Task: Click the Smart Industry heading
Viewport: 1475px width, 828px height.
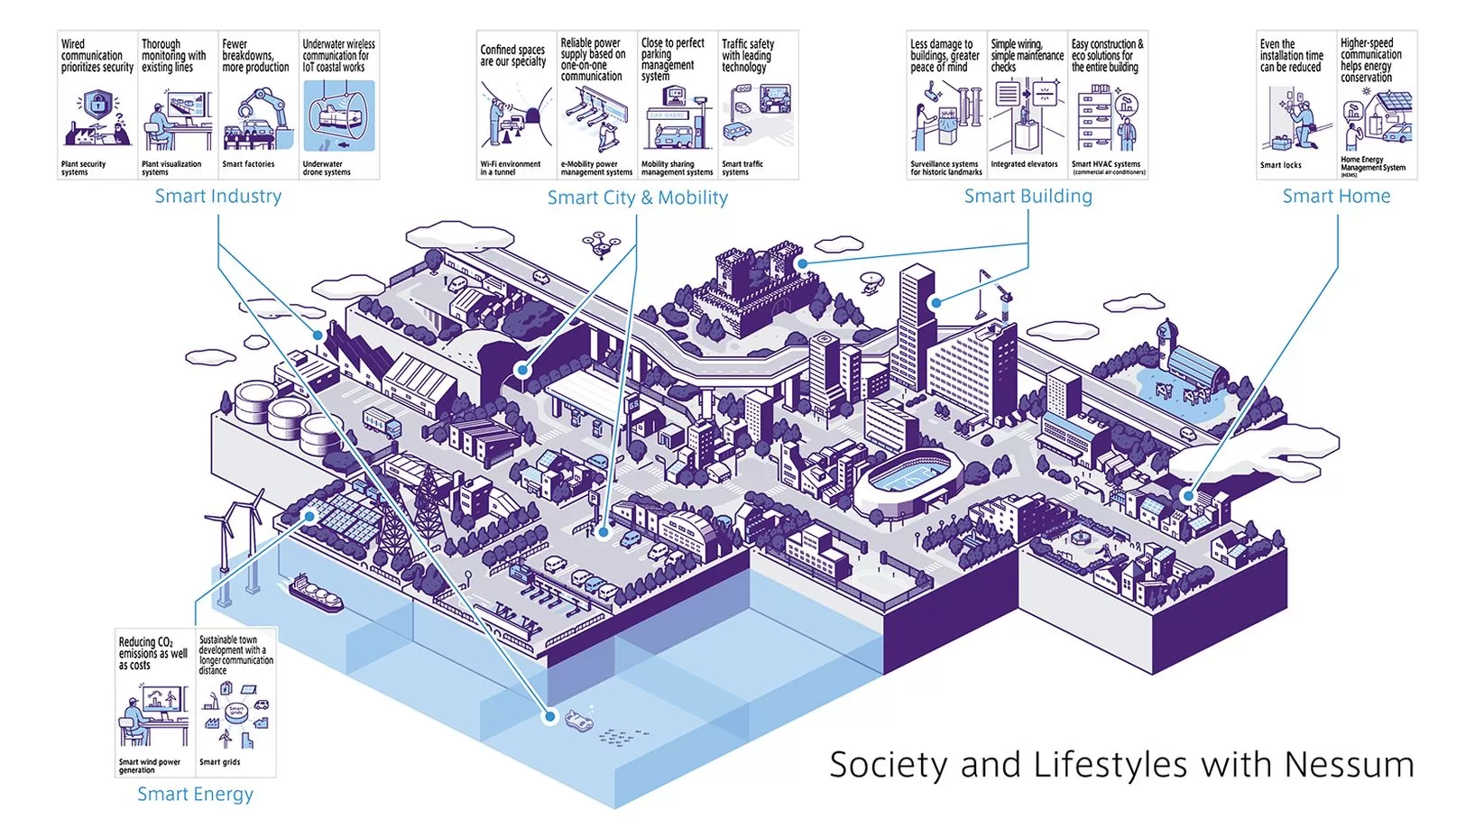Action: (217, 196)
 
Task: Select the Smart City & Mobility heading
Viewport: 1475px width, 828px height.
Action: (637, 198)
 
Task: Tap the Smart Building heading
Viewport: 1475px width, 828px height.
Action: (1028, 196)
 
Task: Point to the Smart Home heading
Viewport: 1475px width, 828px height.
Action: (1336, 196)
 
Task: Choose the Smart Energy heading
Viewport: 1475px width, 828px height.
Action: (195, 794)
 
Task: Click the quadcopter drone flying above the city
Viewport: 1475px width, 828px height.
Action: (601, 243)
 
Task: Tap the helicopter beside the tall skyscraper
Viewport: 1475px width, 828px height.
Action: (871, 282)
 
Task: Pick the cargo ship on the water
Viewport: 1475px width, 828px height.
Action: (316, 593)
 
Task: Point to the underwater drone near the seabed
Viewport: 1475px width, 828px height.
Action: (578, 719)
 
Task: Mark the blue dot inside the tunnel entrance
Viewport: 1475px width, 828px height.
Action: (521, 370)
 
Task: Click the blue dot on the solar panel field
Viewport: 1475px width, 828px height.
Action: (309, 516)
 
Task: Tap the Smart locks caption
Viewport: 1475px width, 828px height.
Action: (1280, 165)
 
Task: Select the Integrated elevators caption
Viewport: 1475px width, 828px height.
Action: (1024, 164)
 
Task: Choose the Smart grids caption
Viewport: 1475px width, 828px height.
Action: (219, 762)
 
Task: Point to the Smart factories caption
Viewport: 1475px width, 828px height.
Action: (248, 164)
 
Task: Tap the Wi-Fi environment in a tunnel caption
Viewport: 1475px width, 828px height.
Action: (510, 168)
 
